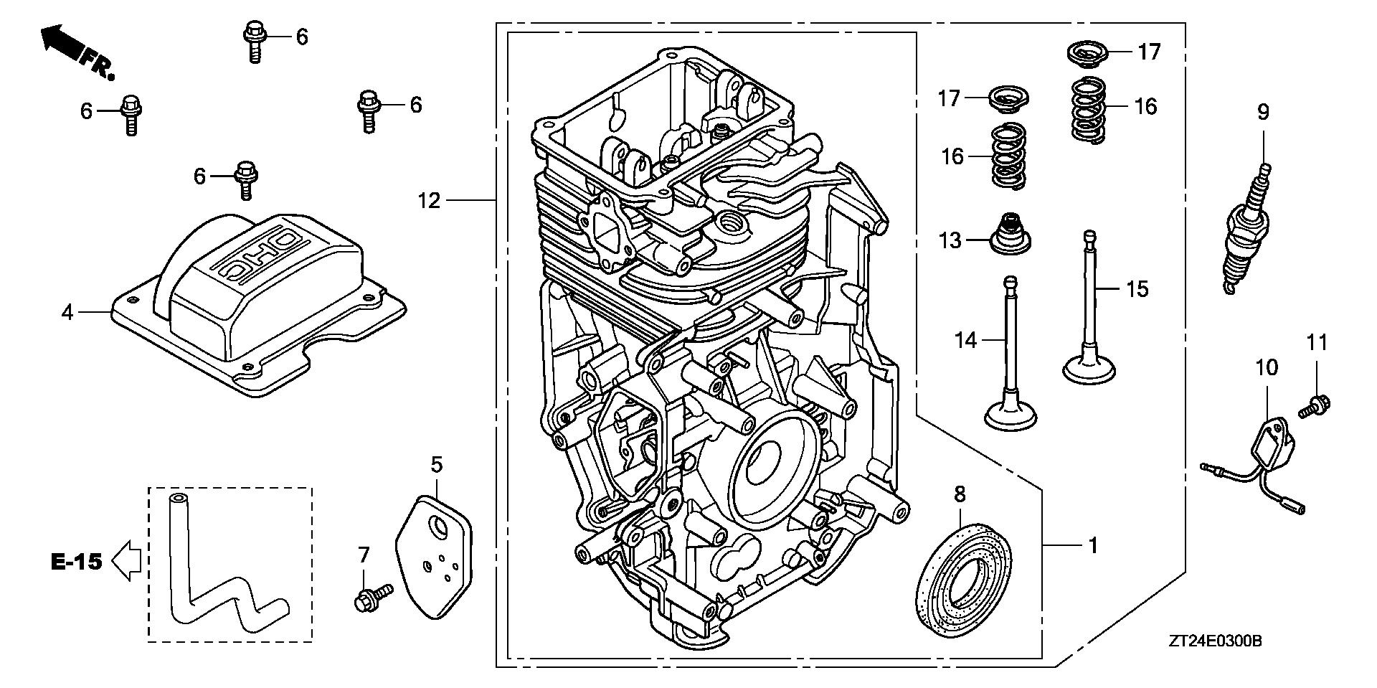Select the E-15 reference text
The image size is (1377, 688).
(77, 562)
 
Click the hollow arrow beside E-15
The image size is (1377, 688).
(127, 562)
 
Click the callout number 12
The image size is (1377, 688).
(429, 201)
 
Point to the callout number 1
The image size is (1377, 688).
(1093, 546)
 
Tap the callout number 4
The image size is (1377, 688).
(67, 312)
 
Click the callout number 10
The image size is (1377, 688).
(1267, 368)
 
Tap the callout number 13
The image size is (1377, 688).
(950, 240)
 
